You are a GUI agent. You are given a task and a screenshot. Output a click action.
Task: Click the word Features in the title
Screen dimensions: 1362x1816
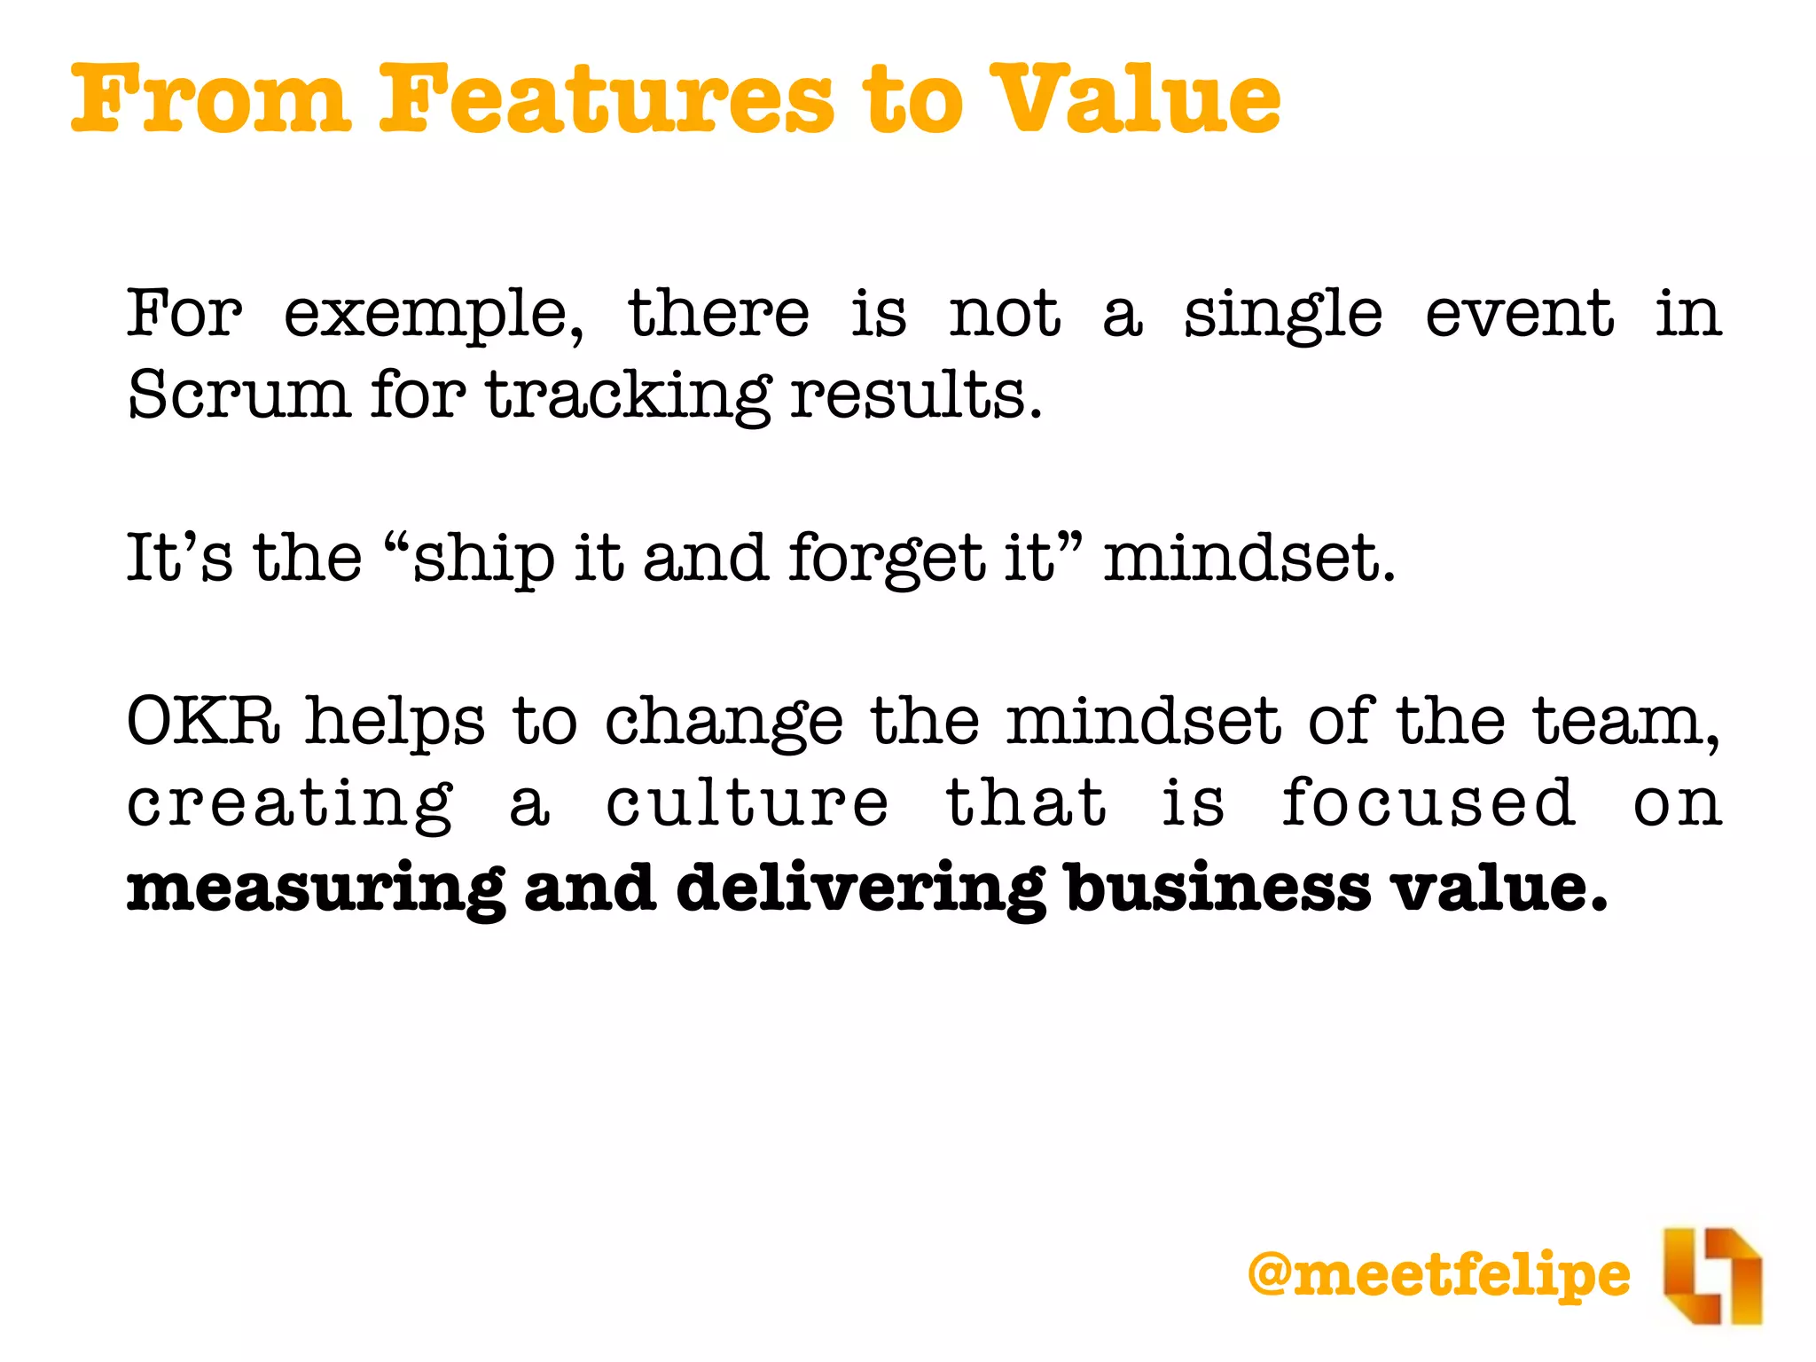point(607,99)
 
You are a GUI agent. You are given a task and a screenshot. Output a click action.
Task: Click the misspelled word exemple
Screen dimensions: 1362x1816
point(433,316)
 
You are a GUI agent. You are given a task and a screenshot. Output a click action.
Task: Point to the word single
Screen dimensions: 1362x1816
point(1282,316)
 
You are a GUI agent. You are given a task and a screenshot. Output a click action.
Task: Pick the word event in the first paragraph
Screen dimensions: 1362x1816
point(1519,314)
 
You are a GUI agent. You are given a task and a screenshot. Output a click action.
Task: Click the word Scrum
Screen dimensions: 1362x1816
point(238,394)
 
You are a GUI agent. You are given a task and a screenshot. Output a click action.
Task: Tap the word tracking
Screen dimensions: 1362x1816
point(628,395)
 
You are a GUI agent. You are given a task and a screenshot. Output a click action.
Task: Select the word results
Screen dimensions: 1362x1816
point(915,394)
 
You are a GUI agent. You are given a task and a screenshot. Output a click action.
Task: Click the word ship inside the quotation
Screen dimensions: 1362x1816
point(484,559)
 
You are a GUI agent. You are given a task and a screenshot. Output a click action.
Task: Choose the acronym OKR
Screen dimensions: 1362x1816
point(204,720)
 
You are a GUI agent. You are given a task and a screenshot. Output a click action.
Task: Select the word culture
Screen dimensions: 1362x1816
point(747,802)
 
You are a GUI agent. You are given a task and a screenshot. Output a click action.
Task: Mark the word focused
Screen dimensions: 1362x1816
point(1428,802)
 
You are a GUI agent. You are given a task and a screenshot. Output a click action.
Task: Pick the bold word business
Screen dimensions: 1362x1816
point(1218,887)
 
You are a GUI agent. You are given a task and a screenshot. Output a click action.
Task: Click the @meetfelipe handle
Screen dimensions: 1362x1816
point(1438,1275)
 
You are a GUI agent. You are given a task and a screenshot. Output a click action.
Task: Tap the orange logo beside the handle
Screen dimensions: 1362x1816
point(1711,1275)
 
